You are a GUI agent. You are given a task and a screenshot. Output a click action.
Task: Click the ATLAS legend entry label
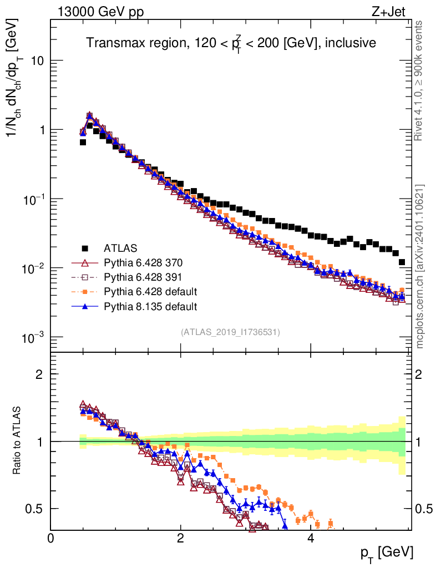[120, 248]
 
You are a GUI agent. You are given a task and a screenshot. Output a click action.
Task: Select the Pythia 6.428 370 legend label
[143, 262]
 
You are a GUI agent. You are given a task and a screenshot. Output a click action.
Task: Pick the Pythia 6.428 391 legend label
[143, 277]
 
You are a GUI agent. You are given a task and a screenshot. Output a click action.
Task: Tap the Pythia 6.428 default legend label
[150, 292]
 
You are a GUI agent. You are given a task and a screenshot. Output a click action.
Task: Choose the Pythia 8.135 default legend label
[150, 306]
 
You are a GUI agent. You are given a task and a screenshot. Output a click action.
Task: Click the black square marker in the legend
[85, 248]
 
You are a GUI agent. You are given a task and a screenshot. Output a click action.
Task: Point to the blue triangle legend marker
[85, 306]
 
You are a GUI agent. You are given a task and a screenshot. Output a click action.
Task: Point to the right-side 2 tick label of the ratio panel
[419, 374]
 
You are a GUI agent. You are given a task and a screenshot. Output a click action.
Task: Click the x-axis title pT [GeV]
[387, 554]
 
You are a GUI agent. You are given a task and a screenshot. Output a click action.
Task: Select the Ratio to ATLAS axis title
[17, 440]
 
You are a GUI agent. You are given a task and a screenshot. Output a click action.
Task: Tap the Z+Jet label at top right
[388, 12]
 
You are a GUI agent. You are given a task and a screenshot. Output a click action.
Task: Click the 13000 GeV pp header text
[100, 12]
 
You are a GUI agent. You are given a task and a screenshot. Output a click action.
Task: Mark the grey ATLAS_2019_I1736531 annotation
[230, 332]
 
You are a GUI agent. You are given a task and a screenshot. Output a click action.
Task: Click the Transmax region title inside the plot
[231, 43]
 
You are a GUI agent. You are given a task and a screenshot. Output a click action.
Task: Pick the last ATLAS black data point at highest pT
[402, 262]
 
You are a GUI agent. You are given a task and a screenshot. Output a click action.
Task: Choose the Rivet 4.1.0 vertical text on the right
[419, 81]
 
